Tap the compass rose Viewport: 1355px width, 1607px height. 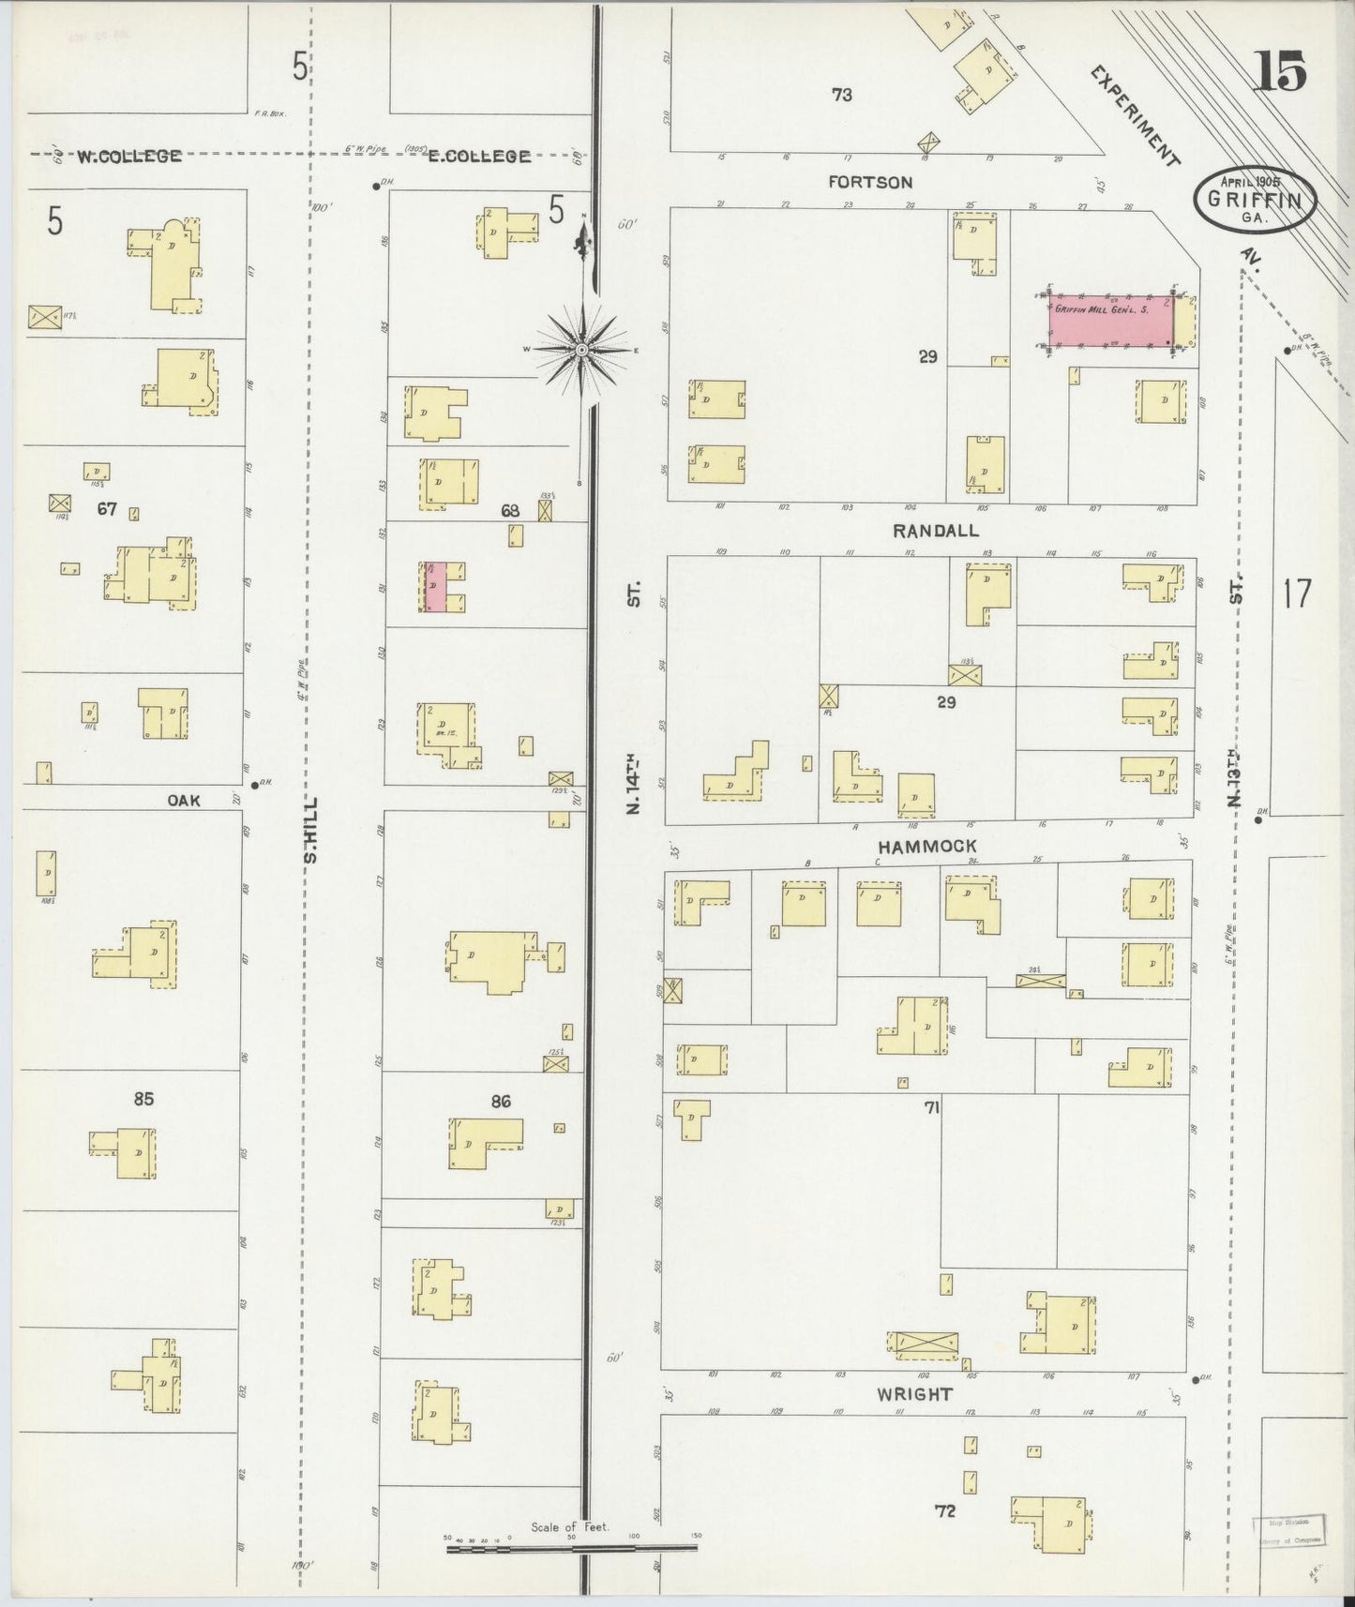(582, 350)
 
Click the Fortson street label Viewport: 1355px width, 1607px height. (870, 182)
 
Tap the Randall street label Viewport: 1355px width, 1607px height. (935, 531)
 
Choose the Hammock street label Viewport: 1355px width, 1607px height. (926, 847)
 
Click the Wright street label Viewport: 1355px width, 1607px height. (914, 1394)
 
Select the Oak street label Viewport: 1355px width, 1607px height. (184, 800)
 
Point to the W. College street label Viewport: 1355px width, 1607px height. (128, 157)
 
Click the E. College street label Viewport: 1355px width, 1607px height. (479, 157)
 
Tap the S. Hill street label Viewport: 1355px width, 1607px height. (311, 829)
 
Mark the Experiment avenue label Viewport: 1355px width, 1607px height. (1135, 115)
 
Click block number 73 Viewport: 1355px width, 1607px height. (841, 94)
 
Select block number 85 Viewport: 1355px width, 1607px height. (143, 1098)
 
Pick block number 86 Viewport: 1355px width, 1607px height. (501, 1101)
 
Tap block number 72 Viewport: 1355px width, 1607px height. (945, 1510)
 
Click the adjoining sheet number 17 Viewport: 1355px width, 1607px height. (1297, 593)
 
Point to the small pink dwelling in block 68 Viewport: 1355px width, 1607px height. (435, 588)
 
